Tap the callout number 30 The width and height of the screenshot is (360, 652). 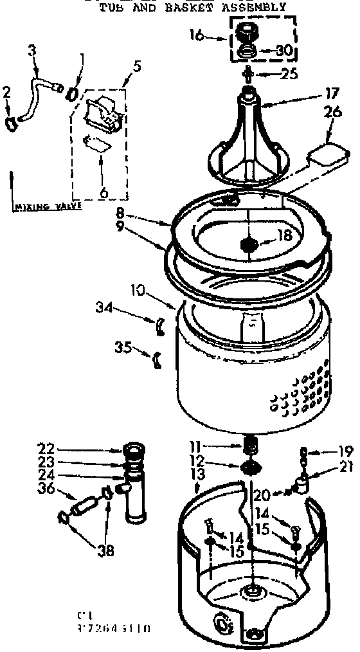coord(283,50)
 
